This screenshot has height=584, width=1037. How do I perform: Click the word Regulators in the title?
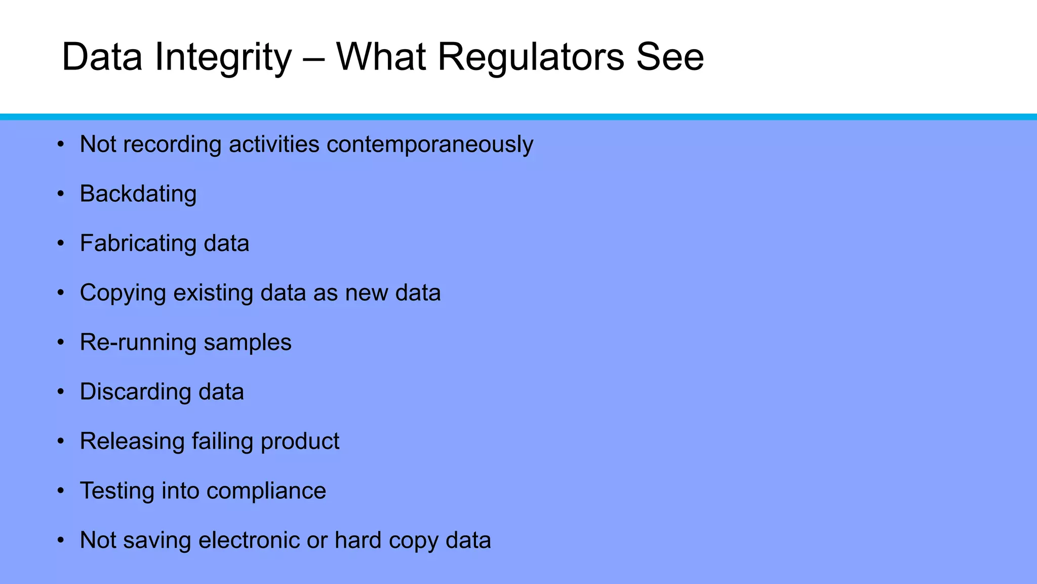531,57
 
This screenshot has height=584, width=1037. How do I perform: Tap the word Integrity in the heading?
223,57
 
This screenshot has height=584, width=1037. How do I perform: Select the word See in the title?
669,57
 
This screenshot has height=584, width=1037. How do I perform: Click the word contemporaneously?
430,144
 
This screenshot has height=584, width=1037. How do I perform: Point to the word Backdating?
138,194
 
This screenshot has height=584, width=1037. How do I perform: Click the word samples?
248,343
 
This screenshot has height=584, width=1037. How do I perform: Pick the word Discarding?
135,392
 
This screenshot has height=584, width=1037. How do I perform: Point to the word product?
300,442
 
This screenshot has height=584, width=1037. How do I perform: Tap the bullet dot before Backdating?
61,194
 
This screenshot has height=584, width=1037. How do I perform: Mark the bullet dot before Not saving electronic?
61,540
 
